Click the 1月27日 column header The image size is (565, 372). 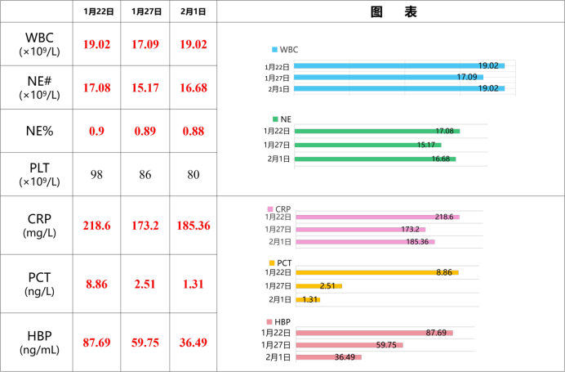click(x=146, y=12)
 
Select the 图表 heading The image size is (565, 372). click(x=394, y=12)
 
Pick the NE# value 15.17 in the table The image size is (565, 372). click(x=145, y=87)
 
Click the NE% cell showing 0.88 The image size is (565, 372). click(x=194, y=131)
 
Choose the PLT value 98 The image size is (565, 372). click(x=96, y=175)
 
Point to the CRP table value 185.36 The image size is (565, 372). click(x=194, y=226)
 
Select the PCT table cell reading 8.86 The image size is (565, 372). click(x=96, y=284)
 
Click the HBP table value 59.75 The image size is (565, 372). click(x=145, y=343)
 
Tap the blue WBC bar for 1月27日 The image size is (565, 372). click(x=389, y=77)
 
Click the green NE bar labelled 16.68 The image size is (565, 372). click(x=375, y=159)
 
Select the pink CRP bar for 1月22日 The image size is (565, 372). click(x=378, y=217)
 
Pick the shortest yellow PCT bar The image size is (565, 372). click(x=308, y=299)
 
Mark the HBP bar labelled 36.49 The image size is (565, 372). click(x=328, y=357)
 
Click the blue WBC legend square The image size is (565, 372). click(x=274, y=50)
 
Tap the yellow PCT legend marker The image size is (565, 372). click(x=272, y=263)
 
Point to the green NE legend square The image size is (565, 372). click(x=275, y=119)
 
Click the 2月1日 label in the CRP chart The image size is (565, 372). click(x=279, y=242)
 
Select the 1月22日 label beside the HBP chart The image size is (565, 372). click(x=276, y=333)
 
